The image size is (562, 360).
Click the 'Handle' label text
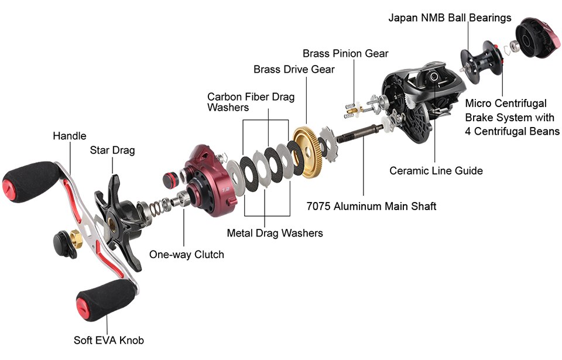pos(69,136)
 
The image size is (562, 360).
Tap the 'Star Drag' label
pos(112,150)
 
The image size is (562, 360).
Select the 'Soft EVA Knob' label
pos(108,340)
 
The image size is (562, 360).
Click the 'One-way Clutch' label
pos(186,255)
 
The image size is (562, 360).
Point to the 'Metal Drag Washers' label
pos(275,233)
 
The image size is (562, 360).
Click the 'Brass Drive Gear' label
pos(294,70)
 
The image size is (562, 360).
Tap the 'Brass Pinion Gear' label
pos(345,53)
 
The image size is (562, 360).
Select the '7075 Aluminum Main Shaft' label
pos(371,206)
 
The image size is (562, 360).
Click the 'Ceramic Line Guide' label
pos(436,171)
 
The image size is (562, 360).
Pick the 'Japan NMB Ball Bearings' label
pos(450,18)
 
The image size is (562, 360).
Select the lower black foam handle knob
pos(102,298)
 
